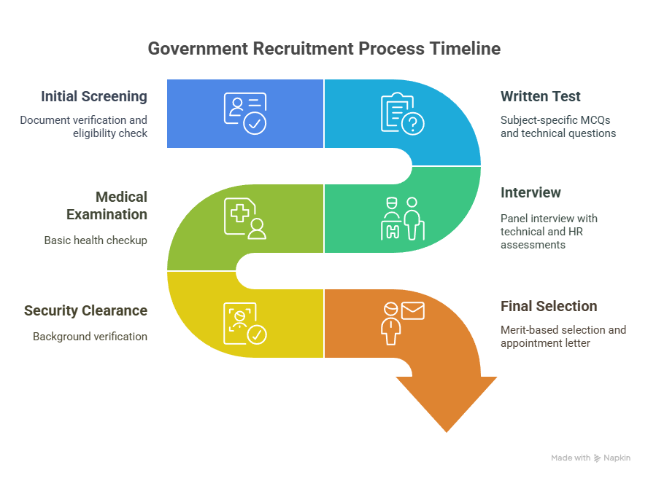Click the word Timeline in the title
[x=465, y=49]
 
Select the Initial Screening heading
[x=94, y=97]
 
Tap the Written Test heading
[x=541, y=97]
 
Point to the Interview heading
[x=531, y=192]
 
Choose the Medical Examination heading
[x=107, y=205]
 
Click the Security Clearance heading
[x=85, y=310]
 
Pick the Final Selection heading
[x=549, y=306]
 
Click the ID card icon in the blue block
[x=245, y=114]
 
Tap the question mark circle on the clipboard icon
[x=413, y=123]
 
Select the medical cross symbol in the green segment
[x=239, y=213]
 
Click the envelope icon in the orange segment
[x=412, y=311]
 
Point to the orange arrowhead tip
[x=447, y=432]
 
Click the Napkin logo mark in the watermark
[x=597, y=458]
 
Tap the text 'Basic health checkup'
[x=96, y=240]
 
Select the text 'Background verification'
[x=90, y=337]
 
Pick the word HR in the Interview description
[x=576, y=232]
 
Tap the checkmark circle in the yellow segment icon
[x=257, y=334]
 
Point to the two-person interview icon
[x=403, y=219]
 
